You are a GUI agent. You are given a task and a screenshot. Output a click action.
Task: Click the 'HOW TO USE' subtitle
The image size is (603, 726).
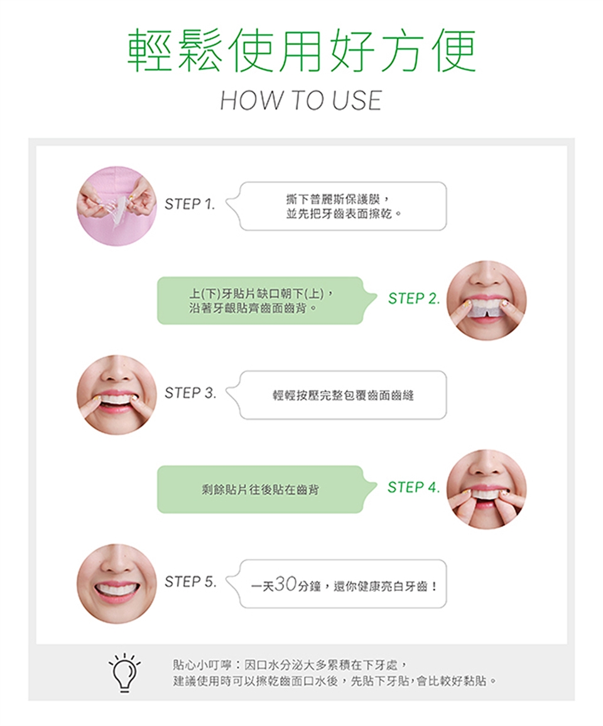(x=301, y=100)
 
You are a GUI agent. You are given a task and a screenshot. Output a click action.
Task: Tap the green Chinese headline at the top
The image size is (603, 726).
(x=301, y=50)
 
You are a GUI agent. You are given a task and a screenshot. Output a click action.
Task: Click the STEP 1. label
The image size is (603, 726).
(x=190, y=204)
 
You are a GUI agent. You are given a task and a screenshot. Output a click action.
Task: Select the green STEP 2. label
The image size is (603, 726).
(x=413, y=299)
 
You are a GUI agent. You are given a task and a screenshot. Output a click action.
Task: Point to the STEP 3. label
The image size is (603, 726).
(x=190, y=393)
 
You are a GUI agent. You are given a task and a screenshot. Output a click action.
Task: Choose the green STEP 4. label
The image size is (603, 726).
(x=413, y=487)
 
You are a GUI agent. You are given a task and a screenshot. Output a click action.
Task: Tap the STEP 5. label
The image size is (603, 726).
(x=190, y=582)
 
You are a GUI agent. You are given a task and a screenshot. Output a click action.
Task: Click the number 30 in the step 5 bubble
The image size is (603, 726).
(x=285, y=584)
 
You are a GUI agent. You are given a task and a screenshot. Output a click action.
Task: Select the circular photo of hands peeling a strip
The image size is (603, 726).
(x=117, y=206)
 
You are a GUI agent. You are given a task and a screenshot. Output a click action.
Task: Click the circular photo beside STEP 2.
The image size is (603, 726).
(x=487, y=301)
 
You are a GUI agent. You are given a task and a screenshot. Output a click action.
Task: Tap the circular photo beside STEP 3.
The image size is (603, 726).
(x=117, y=395)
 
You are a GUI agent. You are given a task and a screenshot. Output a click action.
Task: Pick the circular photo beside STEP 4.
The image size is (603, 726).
(x=487, y=489)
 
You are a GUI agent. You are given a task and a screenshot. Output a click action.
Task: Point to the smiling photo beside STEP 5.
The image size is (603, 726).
(x=117, y=584)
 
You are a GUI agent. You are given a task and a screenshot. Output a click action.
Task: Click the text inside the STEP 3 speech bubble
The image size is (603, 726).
(x=343, y=395)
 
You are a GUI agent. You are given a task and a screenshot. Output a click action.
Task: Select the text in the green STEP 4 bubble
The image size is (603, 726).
(x=260, y=489)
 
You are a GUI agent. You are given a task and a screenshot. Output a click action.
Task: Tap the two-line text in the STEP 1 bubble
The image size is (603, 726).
(x=344, y=206)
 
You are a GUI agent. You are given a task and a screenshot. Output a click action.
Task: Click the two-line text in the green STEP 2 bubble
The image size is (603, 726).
(x=261, y=301)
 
